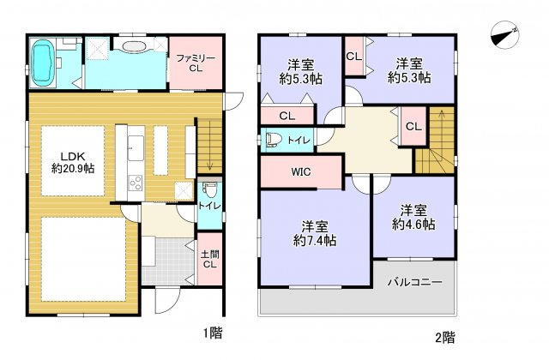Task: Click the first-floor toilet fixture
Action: point(208,193)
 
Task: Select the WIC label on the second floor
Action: point(300,171)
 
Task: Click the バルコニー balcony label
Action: point(413,280)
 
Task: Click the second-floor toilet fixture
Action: point(273,139)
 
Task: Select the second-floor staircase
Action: point(435,137)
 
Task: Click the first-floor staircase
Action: point(209,146)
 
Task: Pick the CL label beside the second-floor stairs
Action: point(413,126)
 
